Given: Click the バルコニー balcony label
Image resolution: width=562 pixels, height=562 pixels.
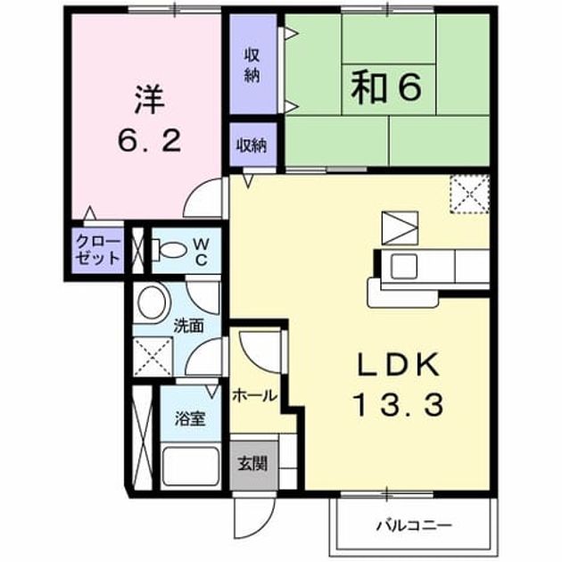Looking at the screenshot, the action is [x=414, y=525].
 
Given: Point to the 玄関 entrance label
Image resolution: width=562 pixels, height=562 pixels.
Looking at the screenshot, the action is [x=252, y=465].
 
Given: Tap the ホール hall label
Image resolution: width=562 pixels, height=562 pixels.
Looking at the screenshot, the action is [x=254, y=396].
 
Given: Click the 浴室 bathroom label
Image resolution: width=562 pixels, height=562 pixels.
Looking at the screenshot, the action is [x=190, y=418].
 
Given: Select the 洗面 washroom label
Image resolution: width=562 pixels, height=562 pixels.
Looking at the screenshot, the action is [x=188, y=326].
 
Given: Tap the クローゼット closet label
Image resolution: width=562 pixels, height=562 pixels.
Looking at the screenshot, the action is [x=97, y=250].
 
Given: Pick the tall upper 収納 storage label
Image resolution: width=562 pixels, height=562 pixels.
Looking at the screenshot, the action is [x=252, y=66].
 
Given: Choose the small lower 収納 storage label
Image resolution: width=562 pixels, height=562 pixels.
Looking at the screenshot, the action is [x=252, y=145].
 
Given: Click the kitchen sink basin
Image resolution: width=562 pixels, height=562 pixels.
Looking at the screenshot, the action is [x=404, y=266].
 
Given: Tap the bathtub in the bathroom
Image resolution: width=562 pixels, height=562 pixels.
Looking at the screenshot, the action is [x=190, y=467].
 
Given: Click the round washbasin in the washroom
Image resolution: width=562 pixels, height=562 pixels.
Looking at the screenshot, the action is [x=152, y=302].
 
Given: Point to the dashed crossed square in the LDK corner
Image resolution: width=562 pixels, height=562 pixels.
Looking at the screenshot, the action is [x=470, y=194].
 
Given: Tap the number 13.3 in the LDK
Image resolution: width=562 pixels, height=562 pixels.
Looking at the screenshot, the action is [x=399, y=404].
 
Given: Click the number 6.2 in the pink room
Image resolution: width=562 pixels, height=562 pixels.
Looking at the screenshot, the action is [x=150, y=140].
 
